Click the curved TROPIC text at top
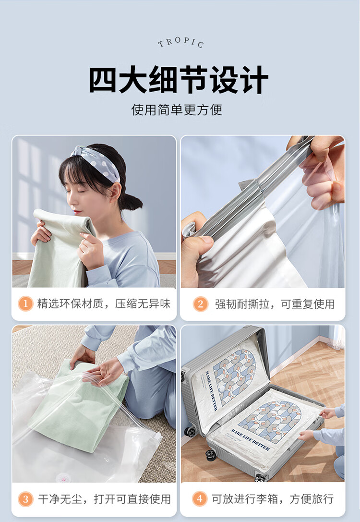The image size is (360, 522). (x=180, y=42)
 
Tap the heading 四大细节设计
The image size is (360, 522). (x=179, y=80)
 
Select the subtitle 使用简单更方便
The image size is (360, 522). (x=177, y=109)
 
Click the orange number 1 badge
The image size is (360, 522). (x=25, y=303)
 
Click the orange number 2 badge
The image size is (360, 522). (x=200, y=303)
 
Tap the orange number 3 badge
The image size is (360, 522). (x=25, y=499)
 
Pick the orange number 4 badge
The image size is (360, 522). (x=200, y=498)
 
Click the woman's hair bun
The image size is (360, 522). (x=132, y=201)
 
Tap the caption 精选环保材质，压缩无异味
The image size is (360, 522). (x=104, y=303)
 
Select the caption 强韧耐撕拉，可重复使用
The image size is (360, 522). (x=275, y=304)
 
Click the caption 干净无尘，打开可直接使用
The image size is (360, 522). (x=104, y=499)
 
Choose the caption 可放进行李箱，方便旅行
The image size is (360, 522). (x=273, y=498)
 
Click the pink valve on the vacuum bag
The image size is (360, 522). (x=63, y=478)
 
